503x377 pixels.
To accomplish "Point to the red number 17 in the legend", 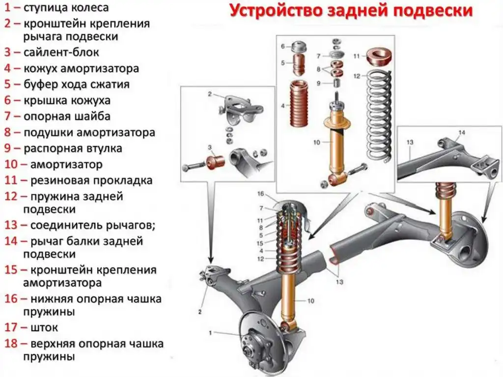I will pos(11,327).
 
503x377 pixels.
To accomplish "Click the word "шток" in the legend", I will pos(40,327).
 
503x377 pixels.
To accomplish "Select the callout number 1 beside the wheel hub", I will pos(210,333).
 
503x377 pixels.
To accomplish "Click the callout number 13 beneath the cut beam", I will pos(340,282).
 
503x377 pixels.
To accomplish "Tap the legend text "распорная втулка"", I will pos(73,148).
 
